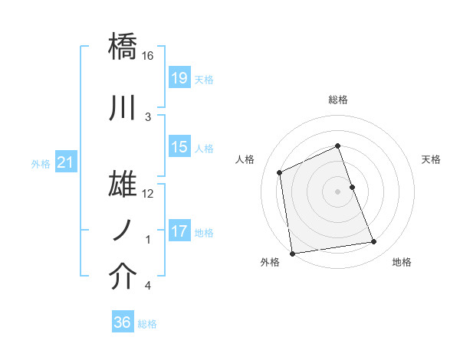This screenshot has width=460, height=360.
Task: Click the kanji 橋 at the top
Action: click(x=123, y=47)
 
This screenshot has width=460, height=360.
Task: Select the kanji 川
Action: click(x=123, y=108)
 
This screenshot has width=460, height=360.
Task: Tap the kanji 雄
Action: click(x=123, y=185)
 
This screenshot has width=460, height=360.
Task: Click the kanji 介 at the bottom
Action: click(x=123, y=278)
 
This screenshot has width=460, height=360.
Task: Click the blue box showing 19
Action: click(x=179, y=77)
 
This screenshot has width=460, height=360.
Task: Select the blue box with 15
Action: click(x=179, y=147)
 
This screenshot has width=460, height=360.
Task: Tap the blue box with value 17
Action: click(x=179, y=231)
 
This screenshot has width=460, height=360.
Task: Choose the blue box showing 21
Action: click(x=65, y=162)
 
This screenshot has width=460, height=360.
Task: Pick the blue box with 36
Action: click(x=123, y=322)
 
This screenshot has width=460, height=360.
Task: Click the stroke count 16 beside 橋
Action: click(x=148, y=56)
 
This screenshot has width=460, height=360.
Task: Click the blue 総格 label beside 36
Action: click(x=147, y=324)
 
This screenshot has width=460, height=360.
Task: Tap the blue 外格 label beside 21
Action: click(x=41, y=163)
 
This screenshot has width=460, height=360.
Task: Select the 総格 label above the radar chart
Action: click(x=338, y=100)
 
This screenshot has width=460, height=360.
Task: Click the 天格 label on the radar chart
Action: click(x=432, y=159)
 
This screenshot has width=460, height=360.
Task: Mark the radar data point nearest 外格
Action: click(x=292, y=253)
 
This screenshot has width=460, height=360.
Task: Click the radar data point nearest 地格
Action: click(x=374, y=242)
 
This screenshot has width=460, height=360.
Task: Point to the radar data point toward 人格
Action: click(x=280, y=172)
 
